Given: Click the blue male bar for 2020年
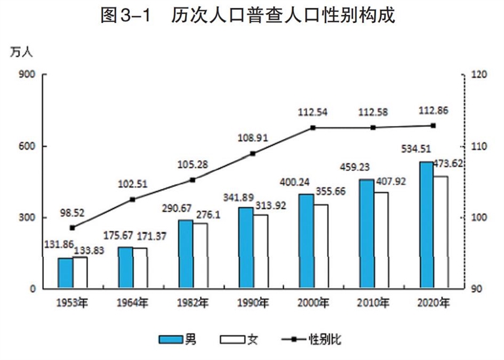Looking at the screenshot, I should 426,225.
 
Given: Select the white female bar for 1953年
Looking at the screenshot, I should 80,273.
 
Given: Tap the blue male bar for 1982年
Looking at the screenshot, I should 186,254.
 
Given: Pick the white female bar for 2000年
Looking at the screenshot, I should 321,247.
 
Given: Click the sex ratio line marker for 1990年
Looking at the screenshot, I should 253,153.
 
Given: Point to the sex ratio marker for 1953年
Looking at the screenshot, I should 72,228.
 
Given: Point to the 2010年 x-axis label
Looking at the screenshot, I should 373,303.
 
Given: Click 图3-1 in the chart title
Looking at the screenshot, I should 126,15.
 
